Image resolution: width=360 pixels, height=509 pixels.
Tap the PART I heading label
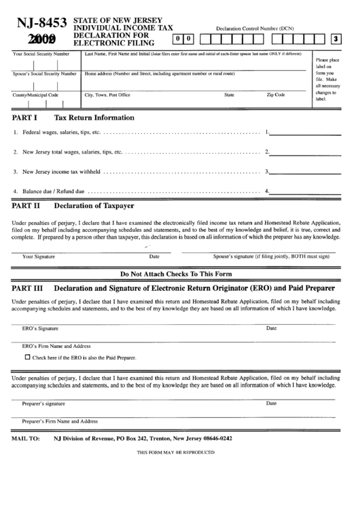point(25,118)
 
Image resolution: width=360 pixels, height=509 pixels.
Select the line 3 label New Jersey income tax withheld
point(62,171)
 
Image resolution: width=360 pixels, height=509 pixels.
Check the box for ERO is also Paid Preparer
point(27,357)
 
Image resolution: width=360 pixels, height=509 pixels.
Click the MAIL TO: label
point(26,439)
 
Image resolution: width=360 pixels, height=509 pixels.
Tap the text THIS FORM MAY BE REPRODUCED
point(180,452)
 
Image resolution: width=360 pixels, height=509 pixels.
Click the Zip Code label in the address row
point(275,95)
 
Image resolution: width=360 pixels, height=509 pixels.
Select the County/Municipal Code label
point(36,95)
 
